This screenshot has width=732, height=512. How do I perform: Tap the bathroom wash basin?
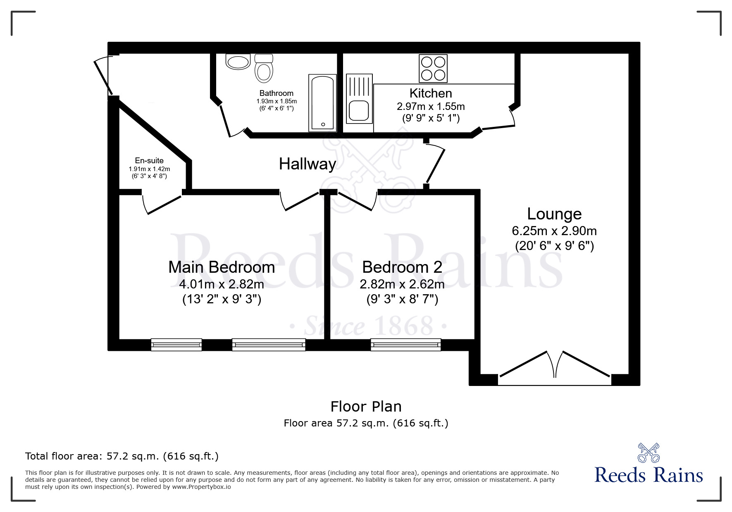(x=238, y=62)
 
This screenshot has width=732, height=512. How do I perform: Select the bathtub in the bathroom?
(x=322, y=103)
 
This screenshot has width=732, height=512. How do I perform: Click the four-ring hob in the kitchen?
(x=433, y=69)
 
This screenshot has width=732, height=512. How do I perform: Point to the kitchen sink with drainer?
(x=359, y=99)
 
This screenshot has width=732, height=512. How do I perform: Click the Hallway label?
(x=308, y=164)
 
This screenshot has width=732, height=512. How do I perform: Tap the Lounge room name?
(x=554, y=214)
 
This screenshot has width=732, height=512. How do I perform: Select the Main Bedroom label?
(x=222, y=267)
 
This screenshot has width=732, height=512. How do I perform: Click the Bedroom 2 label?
(x=402, y=267)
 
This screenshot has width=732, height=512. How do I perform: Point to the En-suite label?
(x=149, y=161)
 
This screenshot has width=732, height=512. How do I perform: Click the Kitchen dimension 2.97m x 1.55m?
(x=431, y=107)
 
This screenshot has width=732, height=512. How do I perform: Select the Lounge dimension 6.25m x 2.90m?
(x=554, y=231)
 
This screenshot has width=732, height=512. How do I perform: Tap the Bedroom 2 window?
(x=406, y=345)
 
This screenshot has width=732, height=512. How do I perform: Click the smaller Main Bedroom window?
(x=176, y=345)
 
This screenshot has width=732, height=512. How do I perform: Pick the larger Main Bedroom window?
(x=269, y=345)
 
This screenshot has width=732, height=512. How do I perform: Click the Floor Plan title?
(x=366, y=407)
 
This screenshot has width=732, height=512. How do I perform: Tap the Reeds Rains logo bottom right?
(x=649, y=464)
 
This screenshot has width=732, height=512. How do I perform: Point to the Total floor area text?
(x=122, y=456)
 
